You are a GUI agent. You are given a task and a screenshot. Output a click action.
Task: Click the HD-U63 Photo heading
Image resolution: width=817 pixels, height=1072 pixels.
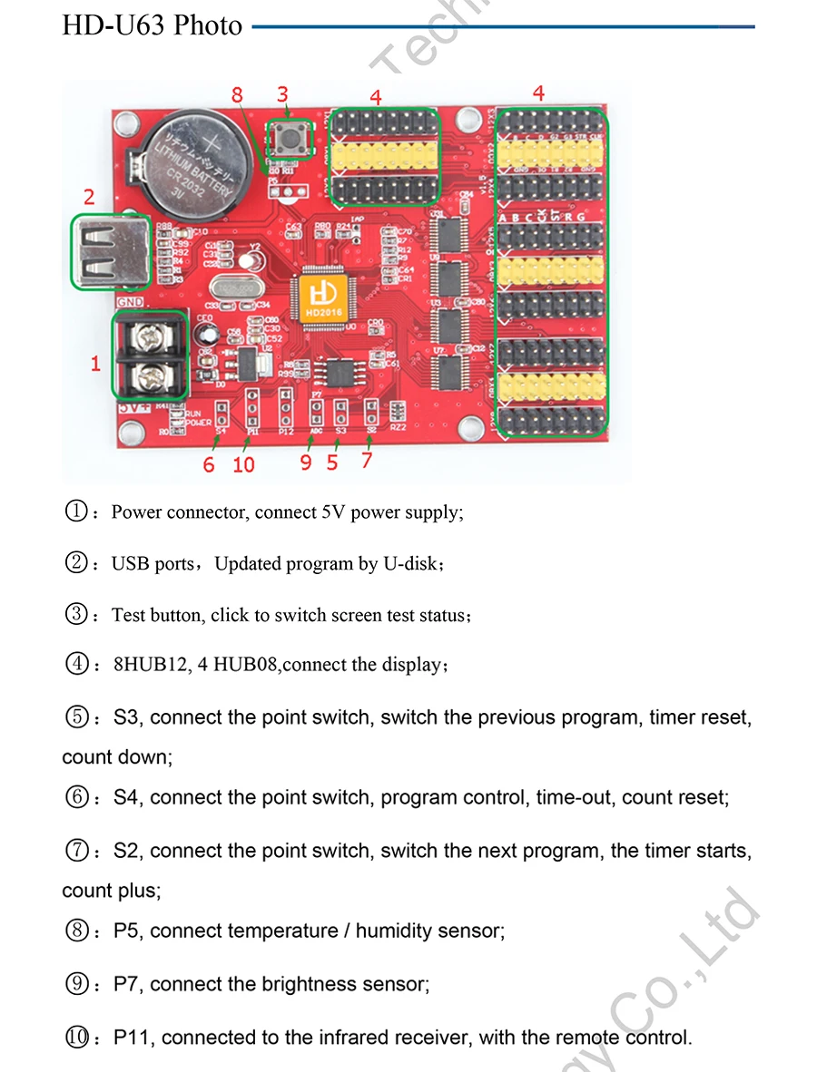coord(153,25)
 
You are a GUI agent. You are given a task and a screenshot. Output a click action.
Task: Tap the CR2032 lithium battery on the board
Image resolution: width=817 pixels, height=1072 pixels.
coord(192,161)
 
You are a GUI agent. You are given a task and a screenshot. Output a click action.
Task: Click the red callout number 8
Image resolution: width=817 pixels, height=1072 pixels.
coord(237,95)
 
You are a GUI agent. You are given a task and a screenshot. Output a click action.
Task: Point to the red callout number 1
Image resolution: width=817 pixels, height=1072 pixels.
coord(95,364)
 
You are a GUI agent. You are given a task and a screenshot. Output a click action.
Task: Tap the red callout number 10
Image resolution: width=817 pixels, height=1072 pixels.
coord(244,464)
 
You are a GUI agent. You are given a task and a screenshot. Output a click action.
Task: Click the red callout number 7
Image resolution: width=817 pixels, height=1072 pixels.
coord(366,460)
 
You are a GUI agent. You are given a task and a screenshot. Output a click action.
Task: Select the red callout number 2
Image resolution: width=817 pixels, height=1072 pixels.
coord(88,197)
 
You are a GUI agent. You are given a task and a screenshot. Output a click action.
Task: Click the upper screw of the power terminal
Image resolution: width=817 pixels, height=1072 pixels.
coord(146,335)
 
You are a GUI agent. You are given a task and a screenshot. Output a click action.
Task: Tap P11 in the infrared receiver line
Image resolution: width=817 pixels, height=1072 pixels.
coord(133,1037)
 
